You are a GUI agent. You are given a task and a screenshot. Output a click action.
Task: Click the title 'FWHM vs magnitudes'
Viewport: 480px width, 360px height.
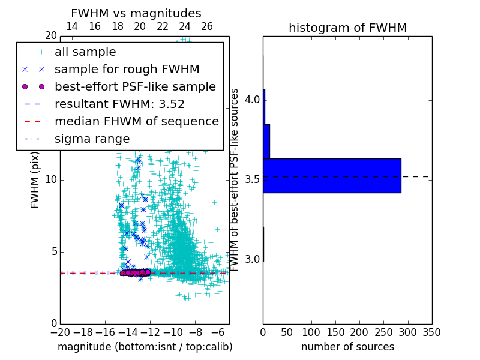[136, 13]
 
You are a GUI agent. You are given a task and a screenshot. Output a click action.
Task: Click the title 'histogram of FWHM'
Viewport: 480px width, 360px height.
[347, 28]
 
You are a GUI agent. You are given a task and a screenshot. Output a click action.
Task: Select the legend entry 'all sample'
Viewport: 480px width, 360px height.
[85, 52]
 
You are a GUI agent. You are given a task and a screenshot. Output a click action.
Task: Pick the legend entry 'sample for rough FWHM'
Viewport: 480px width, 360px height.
[127, 70]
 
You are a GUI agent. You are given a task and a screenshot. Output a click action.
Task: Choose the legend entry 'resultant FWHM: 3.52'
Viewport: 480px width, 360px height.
[119, 104]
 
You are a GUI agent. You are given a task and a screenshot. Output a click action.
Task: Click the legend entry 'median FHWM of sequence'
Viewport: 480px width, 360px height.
[136, 122]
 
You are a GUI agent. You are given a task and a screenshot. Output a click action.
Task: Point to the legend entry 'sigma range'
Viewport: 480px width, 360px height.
[92, 139]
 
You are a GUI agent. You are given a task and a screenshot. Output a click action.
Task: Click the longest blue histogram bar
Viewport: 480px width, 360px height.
[332, 176]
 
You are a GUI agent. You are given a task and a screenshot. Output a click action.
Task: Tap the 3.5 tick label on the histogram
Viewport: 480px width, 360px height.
[253, 179]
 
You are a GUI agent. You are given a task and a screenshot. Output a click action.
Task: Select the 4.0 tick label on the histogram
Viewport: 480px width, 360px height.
[253, 99]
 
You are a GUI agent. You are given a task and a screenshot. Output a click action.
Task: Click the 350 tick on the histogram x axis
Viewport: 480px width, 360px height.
[431, 332]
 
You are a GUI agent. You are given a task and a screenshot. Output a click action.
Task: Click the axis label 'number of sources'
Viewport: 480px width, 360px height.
[347, 347]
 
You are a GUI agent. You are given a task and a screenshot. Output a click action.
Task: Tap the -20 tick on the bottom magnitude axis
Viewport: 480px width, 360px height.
[60, 332]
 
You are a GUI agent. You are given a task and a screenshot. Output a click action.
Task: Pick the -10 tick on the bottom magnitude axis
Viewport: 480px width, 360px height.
[173, 332]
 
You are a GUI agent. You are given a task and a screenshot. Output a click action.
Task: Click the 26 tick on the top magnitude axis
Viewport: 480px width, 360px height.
[207, 26]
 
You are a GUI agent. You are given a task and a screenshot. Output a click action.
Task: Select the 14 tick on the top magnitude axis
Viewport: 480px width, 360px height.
[71, 26]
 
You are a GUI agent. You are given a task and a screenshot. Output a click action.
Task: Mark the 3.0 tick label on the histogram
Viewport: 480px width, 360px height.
[253, 260]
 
